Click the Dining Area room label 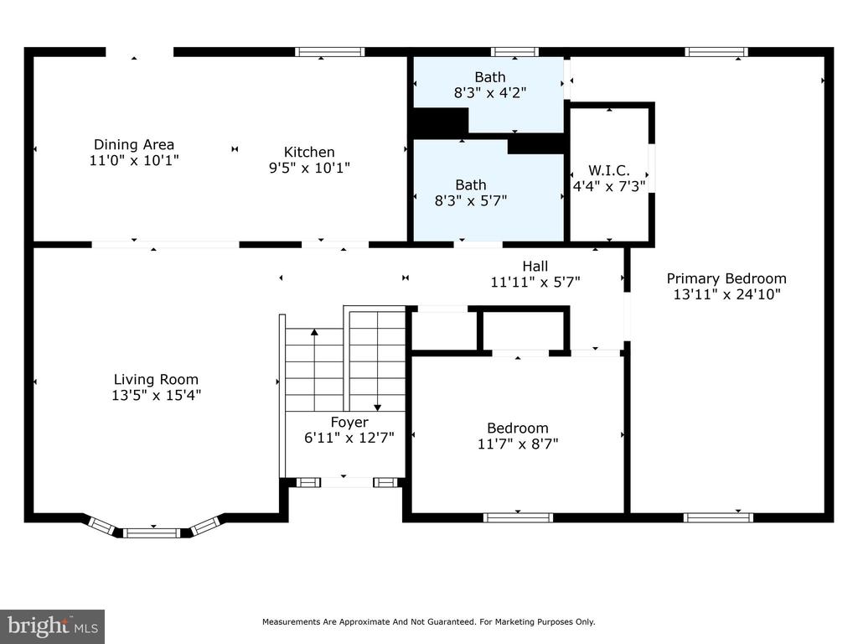(134, 144)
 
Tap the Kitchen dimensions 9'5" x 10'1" (309, 168)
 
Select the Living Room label (156, 379)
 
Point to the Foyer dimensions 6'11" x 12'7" (349, 438)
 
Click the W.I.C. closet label (609, 170)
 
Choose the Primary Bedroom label (726, 278)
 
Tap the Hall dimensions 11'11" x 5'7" (535, 282)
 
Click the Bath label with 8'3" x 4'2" (489, 77)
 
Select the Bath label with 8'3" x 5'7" (471, 185)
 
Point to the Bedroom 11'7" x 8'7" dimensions (518, 444)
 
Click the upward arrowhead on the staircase (314, 332)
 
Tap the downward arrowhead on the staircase (378, 408)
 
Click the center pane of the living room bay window (151, 532)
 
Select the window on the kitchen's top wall (330, 52)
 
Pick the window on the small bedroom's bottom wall (518, 517)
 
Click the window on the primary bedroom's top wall (716, 52)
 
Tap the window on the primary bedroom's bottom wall (718, 517)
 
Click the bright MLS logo (53, 626)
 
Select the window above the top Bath (514, 52)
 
